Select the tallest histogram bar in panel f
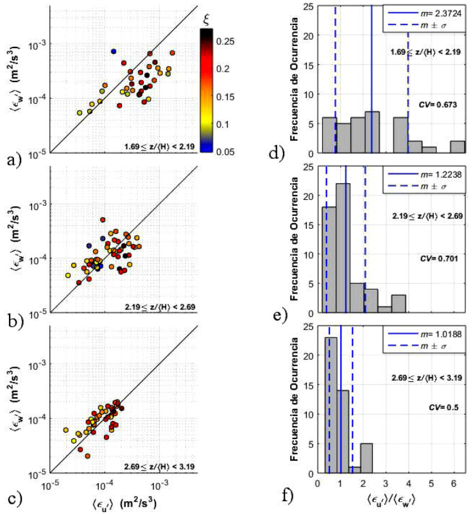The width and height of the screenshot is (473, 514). (332, 405)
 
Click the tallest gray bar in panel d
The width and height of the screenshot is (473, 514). (372, 132)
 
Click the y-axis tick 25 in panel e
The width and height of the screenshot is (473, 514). (310, 167)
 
